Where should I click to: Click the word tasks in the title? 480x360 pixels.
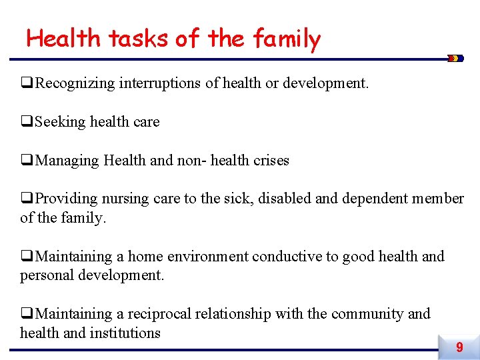(139, 39)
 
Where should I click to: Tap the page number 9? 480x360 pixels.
(459, 347)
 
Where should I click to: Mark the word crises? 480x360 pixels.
(271, 161)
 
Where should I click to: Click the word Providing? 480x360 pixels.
(66, 199)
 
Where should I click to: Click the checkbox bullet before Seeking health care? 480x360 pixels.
(27, 122)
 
